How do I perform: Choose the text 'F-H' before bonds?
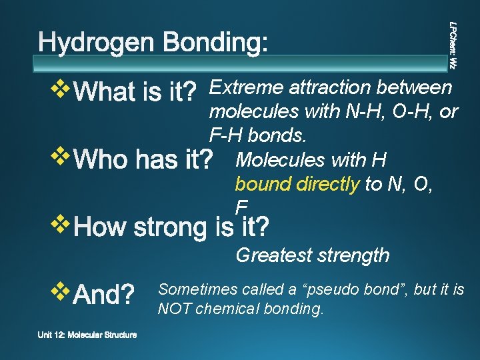click(226, 135)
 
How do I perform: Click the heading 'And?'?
click(104, 293)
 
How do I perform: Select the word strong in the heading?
click(175, 228)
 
